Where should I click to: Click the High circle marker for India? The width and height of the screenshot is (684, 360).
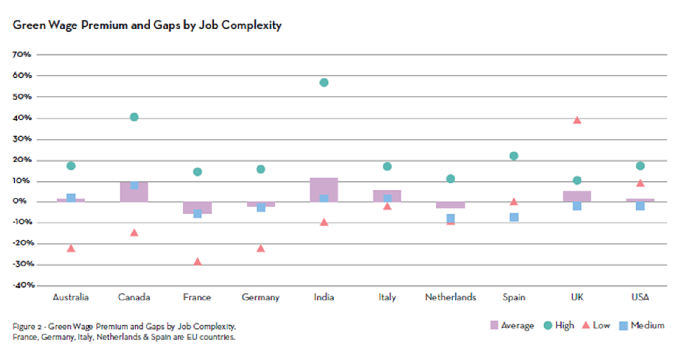coord(324,82)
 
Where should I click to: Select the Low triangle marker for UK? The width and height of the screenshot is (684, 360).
coord(577,120)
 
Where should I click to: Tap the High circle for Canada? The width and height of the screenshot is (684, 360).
coord(134,117)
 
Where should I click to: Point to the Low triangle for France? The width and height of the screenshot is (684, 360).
coord(197,261)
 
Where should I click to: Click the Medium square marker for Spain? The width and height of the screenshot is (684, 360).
coord(514,217)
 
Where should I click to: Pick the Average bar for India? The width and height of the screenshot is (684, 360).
coord(324,190)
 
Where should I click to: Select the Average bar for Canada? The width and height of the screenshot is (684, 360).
coord(134,192)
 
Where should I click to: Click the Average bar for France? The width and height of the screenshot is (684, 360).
coord(197,208)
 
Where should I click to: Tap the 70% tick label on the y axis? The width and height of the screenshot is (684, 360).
coord(22,54)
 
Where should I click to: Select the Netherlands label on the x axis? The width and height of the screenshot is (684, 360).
coord(451,297)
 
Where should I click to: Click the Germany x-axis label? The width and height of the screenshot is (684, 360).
coord(260,297)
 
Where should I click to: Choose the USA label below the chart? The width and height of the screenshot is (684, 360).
coord(640,297)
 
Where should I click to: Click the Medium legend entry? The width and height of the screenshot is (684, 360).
coord(643,325)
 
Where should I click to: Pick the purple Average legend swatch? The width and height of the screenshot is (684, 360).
coord(494,325)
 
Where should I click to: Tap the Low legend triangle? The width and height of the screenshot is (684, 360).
coord(586,325)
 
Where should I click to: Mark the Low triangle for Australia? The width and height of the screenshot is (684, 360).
coord(71,248)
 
